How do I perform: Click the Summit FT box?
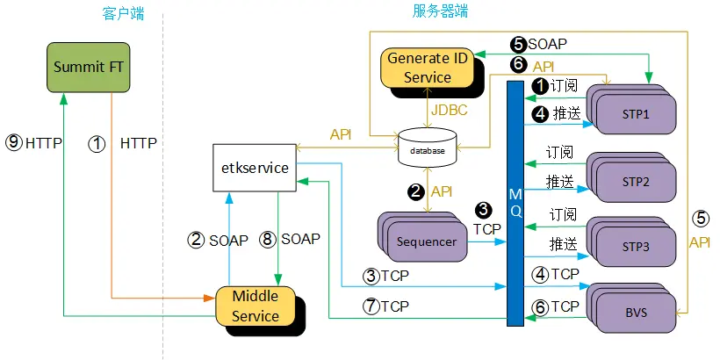coord(89,67)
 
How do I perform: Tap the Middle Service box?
coord(256,306)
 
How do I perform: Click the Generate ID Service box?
coord(428,68)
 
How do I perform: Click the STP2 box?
coord(635,181)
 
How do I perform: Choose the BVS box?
coord(635,311)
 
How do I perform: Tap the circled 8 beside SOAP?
coord(269,239)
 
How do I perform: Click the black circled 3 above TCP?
coord(483,210)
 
